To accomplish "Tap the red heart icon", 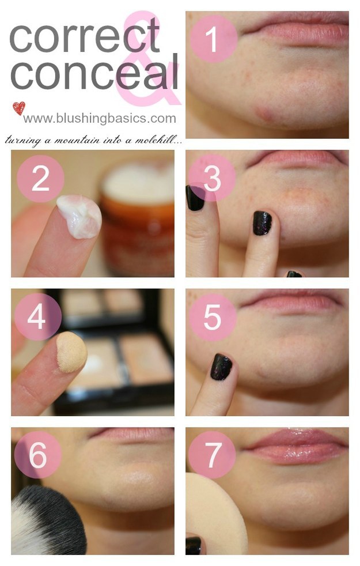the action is [x=19, y=108].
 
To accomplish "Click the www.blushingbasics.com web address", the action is [x=100, y=118].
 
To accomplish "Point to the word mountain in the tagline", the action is [x=77, y=140].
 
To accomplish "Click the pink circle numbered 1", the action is [x=214, y=39].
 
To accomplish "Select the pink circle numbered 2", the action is [x=40, y=179].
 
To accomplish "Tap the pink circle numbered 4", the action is [x=38, y=316].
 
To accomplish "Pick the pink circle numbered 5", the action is [x=213, y=317].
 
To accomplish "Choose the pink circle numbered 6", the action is [x=38, y=454].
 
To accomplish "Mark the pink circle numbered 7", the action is [x=212, y=454].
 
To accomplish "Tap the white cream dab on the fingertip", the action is [x=79, y=216].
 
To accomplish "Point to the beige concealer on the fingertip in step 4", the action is [x=71, y=352].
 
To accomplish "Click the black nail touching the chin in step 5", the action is [x=221, y=367].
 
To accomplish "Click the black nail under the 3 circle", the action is [x=195, y=198].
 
